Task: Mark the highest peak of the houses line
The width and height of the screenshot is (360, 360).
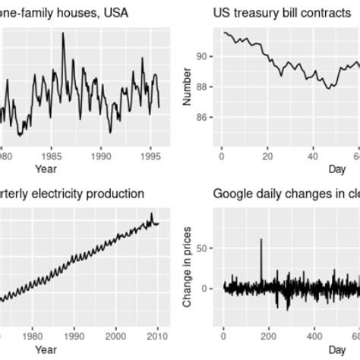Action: [63, 33]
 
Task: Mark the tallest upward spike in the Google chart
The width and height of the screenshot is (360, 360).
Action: [261, 240]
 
